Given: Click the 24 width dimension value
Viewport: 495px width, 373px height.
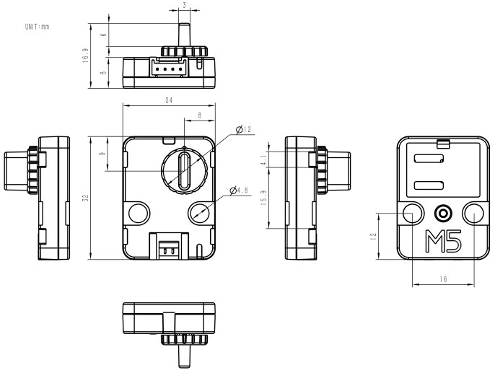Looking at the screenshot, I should pyautogui.click(x=169, y=100).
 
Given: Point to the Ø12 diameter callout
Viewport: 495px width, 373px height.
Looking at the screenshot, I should pyautogui.click(x=245, y=130).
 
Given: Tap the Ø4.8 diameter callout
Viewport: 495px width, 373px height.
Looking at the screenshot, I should pyautogui.click(x=239, y=190).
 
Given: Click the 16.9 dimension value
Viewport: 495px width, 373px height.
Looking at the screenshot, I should pyautogui.click(x=85, y=55).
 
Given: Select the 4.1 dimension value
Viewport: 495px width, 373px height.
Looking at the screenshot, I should pyautogui.click(x=265, y=159).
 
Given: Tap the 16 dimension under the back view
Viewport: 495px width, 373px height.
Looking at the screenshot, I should pyautogui.click(x=443, y=278).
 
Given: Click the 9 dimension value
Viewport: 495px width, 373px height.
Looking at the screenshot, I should pyautogui.click(x=102, y=154).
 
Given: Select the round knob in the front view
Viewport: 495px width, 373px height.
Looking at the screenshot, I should pyautogui.click(x=184, y=170).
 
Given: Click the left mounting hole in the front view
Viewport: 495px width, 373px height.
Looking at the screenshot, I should pyautogui.click(x=139, y=212).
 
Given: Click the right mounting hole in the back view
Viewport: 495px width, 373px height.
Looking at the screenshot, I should pyautogui.click(x=473, y=213).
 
